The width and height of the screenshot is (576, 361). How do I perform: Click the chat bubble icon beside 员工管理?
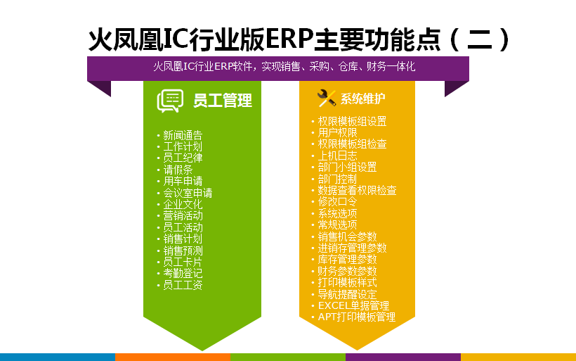pyautogui.click(x=171, y=101)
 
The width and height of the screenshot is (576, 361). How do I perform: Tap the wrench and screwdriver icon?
pyautogui.click(x=327, y=99)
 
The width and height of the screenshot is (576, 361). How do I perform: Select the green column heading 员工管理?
pyautogui.click(x=223, y=101)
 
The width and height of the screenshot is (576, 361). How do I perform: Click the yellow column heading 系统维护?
pyautogui.click(x=362, y=99)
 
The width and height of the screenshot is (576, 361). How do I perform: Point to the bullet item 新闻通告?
pyautogui.click(x=183, y=135)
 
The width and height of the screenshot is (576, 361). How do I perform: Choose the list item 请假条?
pyautogui.click(x=178, y=170)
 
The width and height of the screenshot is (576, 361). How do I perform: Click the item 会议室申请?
pyautogui.click(x=188, y=193)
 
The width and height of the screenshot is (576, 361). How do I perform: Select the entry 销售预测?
pyautogui.click(x=183, y=251)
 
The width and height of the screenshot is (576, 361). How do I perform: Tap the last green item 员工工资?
pyautogui.click(x=183, y=285)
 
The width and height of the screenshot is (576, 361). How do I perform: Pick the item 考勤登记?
pyautogui.click(x=183, y=274)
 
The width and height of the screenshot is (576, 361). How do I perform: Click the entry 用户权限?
pyautogui.click(x=337, y=132)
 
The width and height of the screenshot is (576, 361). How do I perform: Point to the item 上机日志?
pyautogui.click(x=337, y=156)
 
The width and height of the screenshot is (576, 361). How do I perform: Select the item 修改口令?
pyautogui.click(x=337, y=202)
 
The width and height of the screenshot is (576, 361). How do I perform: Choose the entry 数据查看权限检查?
pyautogui.click(x=357, y=190)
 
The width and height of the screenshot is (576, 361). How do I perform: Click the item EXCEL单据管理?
pyautogui.click(x=353, y=305)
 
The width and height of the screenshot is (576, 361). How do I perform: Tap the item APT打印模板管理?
pyautogui.click(x=357, y=317)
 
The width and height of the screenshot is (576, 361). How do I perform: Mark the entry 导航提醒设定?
pyautogui.click(x=347, y=294)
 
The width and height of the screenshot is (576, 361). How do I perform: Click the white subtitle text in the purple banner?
pyautogui.click(x=284, y=66)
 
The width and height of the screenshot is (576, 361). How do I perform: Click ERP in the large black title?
pyautogui.click(x=289, y=39)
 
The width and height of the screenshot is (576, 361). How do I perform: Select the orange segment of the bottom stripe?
pyautogui.click(x=173, y=357)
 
